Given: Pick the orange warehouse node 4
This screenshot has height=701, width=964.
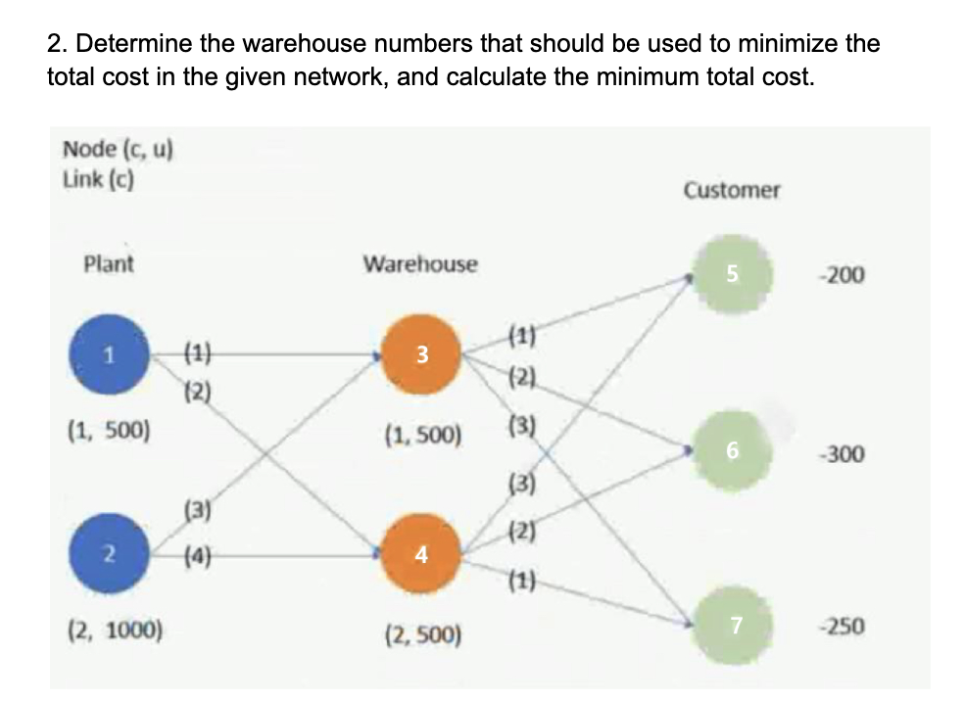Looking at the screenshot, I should pos(420,555).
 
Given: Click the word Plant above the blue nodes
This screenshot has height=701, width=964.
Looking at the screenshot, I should pos(109,264).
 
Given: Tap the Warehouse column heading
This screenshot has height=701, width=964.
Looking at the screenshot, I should pos(420,264).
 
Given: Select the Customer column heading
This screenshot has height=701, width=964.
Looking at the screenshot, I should pos(732,190).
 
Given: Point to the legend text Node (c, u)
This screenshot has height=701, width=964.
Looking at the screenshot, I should pos(119,150).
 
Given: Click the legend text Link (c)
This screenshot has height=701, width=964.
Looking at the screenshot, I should pos(98,179).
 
